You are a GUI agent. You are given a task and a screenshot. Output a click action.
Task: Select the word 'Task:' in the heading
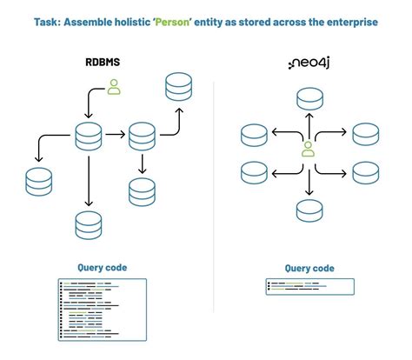[50, 22]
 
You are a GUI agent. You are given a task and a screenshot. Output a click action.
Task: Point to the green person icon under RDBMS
[113, 87]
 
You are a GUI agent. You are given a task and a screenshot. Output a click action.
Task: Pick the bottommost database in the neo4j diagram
[308, 210]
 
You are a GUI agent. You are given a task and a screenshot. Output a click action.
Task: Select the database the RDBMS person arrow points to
[89, 137]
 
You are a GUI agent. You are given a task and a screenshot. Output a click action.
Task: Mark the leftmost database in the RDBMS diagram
[39, 181]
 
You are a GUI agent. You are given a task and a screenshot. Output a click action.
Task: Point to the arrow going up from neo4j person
[308, 123]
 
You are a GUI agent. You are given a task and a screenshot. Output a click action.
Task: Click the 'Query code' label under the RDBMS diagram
[102, 268]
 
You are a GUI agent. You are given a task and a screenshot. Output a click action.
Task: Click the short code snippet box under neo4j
[309, 286]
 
